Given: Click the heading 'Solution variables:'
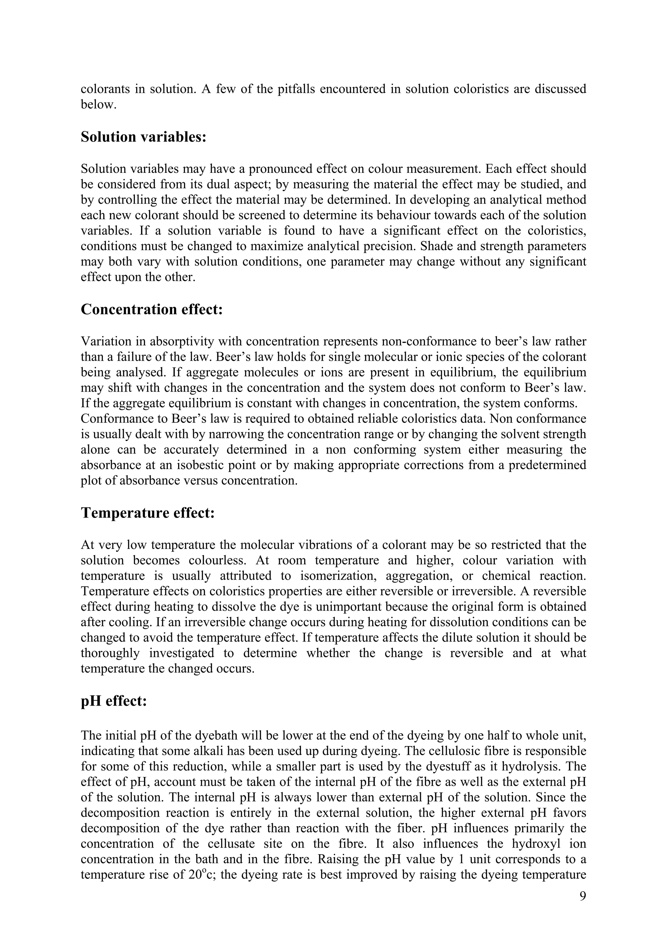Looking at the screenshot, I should [x=143, y=137].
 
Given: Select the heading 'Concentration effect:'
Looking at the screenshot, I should [x=152, y=309].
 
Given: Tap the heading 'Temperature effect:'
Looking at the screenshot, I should [x=148, y=513].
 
